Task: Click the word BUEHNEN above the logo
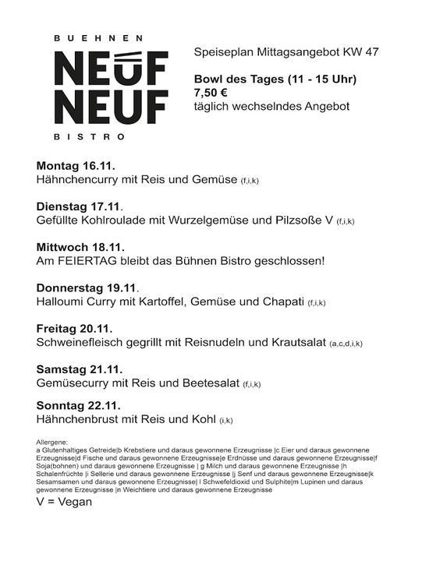[x=100, y=37]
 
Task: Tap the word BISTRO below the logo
[x=100, y=137]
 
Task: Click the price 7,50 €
[x=211, y=93]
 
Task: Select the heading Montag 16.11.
[x=76, y=166]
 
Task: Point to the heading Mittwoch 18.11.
[x=80, y=246]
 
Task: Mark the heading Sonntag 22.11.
[x=78, y=405]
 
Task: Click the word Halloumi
[x=63, y=301]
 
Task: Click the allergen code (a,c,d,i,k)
[x=346, y=344]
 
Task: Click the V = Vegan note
[x=64, y=502]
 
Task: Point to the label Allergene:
[x=52, y=442]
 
